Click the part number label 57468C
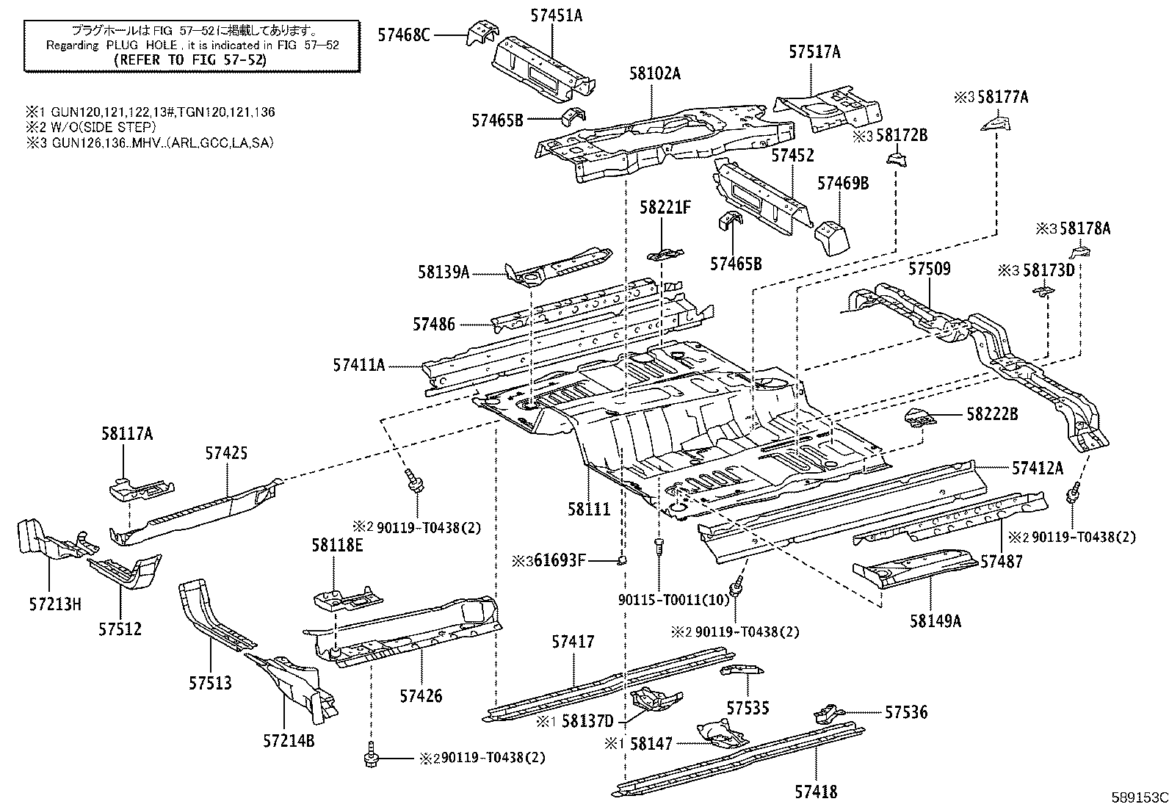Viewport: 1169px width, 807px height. click(x=404, y=34)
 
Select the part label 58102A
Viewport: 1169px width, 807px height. click(x=654, y=73)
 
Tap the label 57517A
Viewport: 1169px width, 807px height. click(x=814, y=52)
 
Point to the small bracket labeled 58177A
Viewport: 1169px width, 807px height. click(x=996, y=123)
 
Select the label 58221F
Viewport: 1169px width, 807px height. click(x=665, y=208)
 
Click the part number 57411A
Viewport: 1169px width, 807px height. click(x=358, y=364)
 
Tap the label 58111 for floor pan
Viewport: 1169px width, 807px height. click(x=589, y=509)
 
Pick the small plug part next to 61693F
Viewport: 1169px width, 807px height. click(x=622, y=561)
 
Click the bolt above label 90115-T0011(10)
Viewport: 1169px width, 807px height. click(x=659, y=546)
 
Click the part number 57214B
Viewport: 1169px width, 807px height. click(x=289, y=739)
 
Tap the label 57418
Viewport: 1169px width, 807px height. click(x=815, y=792)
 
